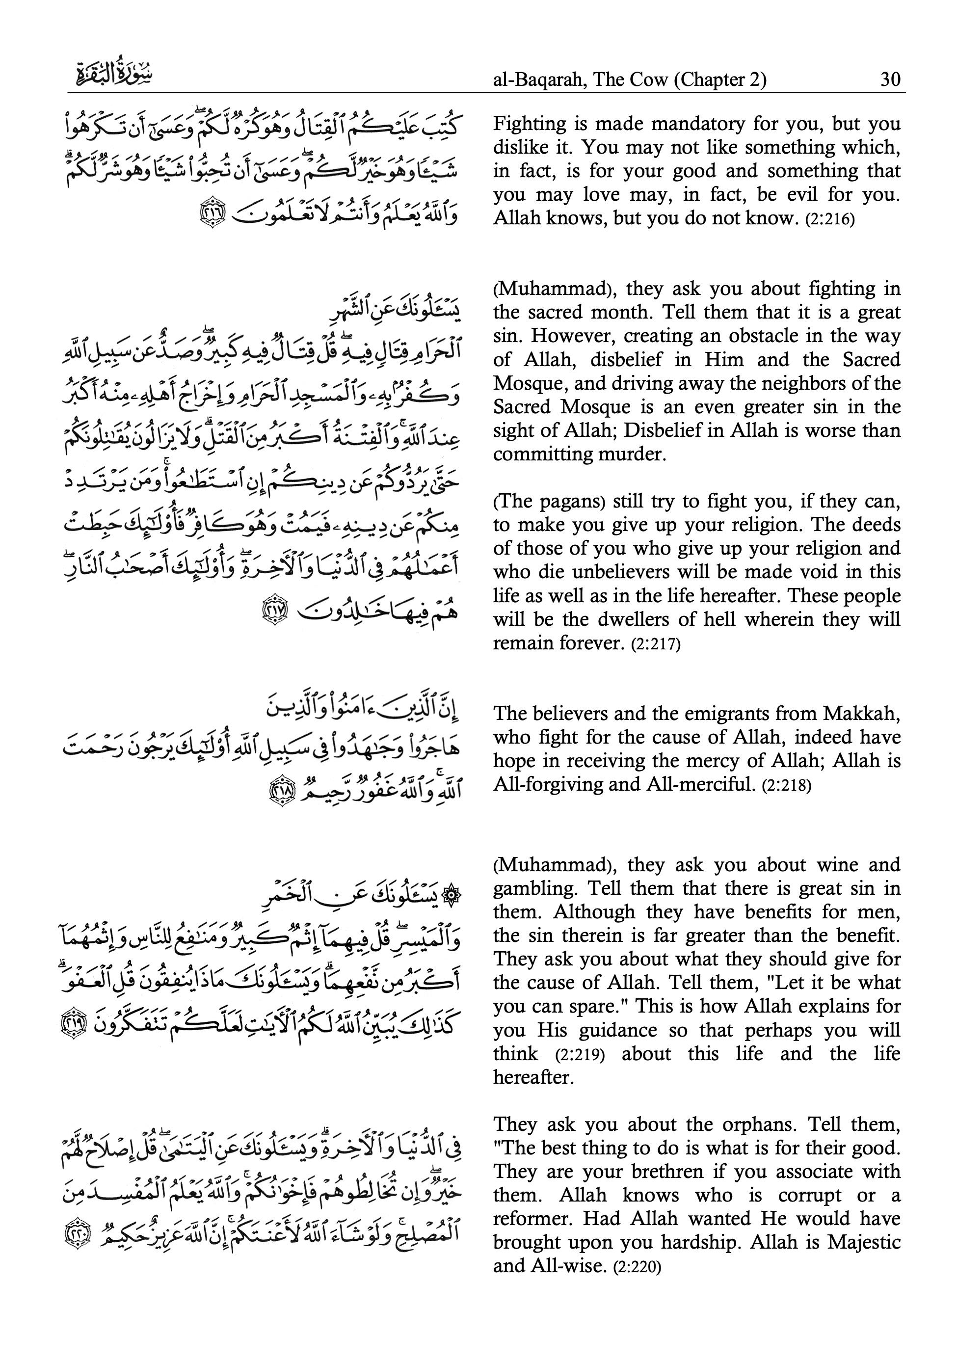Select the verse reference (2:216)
tap(829, 219)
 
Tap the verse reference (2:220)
tap(637, 1268)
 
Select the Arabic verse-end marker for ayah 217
tap(273, 612)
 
